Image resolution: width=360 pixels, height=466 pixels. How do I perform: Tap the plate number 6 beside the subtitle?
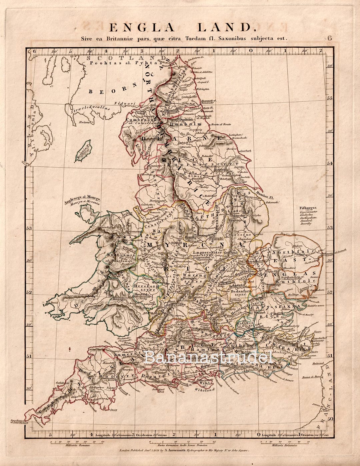click(329, 38)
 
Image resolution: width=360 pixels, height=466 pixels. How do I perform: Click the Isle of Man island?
click(83, 151)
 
